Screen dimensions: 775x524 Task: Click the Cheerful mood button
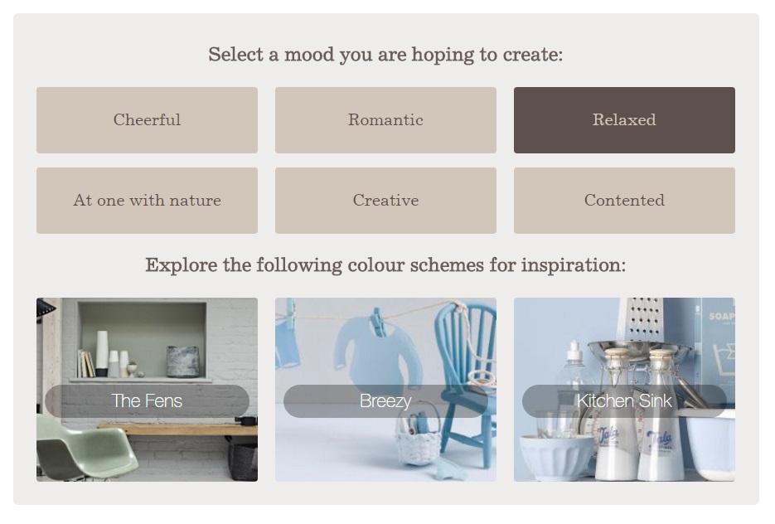tap(147, 120)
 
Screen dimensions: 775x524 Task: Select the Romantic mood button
tap(385, 120)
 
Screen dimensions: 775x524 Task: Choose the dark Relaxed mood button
tap(624, 120)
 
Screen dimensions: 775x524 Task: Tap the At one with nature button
tap(147, 201)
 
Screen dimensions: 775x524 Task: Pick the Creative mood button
tap(385, 201)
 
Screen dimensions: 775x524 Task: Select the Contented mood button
tap(624, 201)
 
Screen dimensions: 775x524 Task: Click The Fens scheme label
tap(147, 401)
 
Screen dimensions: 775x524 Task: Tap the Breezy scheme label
tap(385, 401)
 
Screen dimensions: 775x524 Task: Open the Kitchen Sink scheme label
tap(624, 401)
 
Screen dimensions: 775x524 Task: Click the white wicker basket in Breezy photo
tap(419, 438)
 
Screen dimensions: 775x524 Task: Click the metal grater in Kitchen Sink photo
tap(644, 322)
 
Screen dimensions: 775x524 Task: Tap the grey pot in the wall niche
tap(182, 361)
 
